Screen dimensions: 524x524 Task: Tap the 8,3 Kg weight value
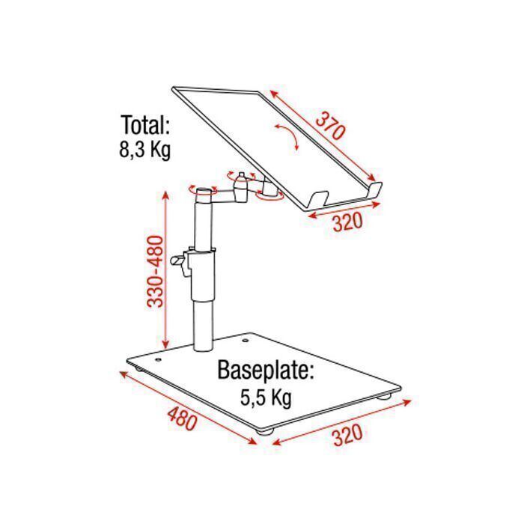click(145, 150)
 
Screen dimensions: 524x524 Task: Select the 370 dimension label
click(330, 127)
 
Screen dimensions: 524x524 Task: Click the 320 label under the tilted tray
click(347, 222)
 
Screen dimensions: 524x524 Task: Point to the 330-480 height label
click(156, 271)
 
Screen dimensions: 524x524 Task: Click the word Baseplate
click(266, 370)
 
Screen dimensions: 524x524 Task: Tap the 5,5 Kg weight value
click(266, 397)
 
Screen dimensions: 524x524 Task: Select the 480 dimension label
click(182, 418)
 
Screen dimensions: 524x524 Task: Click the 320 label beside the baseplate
click(347, 434)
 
